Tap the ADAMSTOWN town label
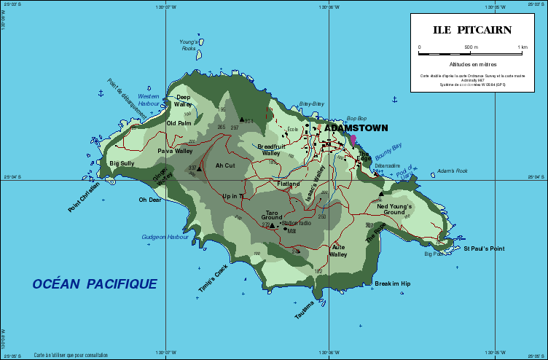[x=356, y=128]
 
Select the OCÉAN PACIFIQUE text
[x=95, y=283]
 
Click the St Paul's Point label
[x=484, y=249]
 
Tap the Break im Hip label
[x=392, y=283]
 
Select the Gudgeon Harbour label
[x=165, y=237]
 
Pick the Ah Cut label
[x=225, y=165]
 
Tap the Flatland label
[x=288, y=184]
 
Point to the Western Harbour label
[x=149, y=100]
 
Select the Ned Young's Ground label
[x=394, y=209]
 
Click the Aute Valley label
[x=338, y=251]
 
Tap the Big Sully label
[x=122, y=163]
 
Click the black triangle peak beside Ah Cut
[x=200, y=168]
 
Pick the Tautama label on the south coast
[x=304, y=310]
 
